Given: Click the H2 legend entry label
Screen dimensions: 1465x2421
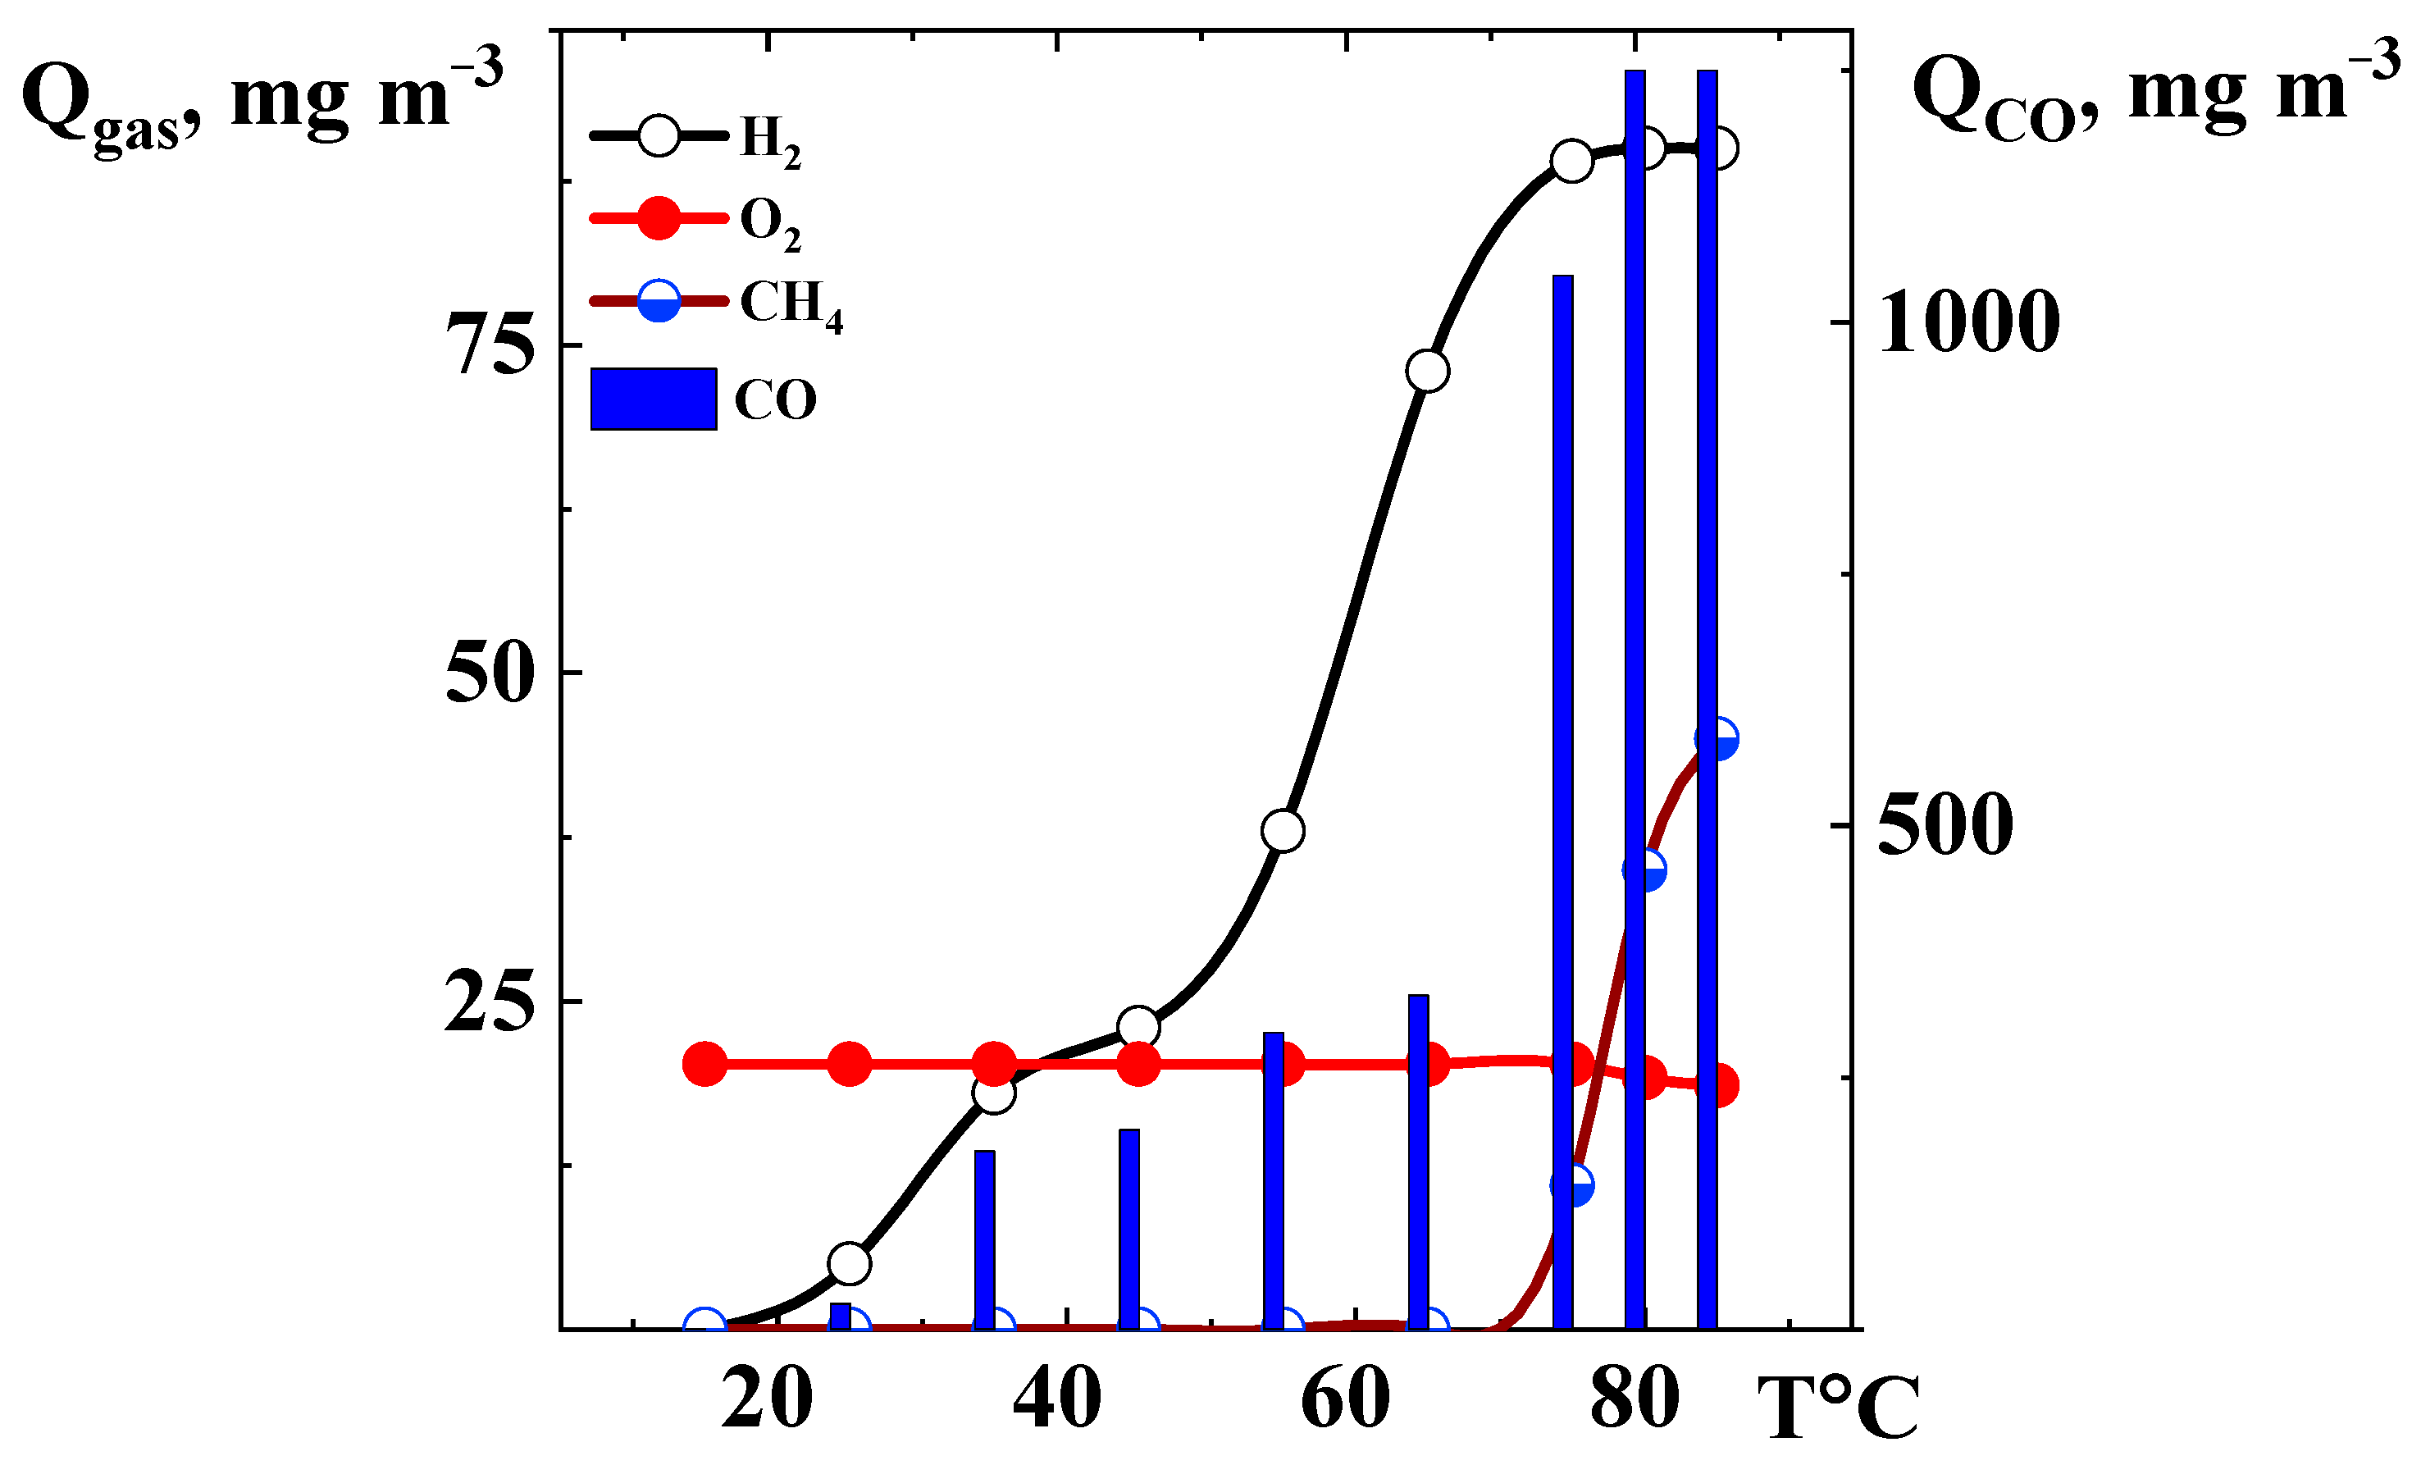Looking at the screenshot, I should pos(770,140).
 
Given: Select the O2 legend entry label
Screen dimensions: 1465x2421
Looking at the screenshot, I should pos(770,223).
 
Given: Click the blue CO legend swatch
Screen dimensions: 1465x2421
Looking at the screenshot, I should pos(654,399).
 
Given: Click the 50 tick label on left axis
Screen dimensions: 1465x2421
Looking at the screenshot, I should pos(490,674).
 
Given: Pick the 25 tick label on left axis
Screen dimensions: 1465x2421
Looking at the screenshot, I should pos(490,1002).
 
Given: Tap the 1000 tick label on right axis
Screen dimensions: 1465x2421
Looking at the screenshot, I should pos(1968,322).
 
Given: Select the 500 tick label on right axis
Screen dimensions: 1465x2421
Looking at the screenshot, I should pos(1945,825).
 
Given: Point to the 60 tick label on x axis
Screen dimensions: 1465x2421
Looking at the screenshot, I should pos(1345,1399).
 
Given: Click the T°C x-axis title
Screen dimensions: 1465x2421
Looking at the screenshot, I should pos(1837,1409).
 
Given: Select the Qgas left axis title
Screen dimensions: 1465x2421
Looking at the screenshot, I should pos(260,103).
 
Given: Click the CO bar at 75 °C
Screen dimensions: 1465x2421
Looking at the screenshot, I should pos(1562,801).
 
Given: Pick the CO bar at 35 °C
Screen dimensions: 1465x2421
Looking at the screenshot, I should pos(984,1239).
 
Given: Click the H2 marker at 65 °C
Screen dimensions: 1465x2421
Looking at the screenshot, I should pos(1428,372).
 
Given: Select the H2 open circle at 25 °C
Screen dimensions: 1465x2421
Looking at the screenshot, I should pos(850,1263).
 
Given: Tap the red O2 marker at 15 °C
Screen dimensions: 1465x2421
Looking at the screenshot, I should pos(704,1064).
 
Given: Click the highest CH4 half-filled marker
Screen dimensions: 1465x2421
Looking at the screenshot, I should pos(1717,739).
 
